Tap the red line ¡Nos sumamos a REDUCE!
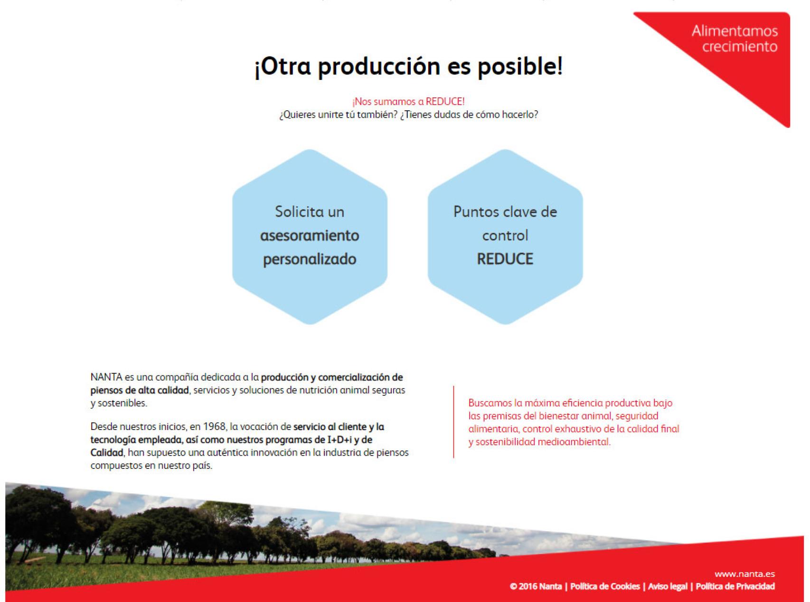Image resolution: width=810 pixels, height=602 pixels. pyautogui.click(x=408, y=102)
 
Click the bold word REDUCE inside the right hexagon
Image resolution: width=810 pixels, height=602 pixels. pyautogui.click(x=505, y=259)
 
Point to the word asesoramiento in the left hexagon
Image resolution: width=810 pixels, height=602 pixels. pyautogui.click(x=310, y=236)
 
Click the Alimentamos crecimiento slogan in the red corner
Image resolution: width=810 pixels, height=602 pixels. pyautogui.click(x=735, y=39)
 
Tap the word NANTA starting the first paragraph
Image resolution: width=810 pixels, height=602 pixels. pyautogui.click(x=106, y=377)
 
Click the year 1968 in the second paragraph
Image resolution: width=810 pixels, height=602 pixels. pyautogui.click(x=214, y=427)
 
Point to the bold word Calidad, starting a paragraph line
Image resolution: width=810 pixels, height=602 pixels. pyautogui.click(x=107, y=453)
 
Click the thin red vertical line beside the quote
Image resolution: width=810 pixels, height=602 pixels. pyautogui.click(x=453, y=422)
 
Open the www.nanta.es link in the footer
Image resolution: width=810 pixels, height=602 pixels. pyautogui.click(x=744, y=574)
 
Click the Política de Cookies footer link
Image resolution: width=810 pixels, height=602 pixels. pyautogui.click(x=605, y=586)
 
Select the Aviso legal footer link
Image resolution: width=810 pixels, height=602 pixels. pyautogui.click(x=668, y=586)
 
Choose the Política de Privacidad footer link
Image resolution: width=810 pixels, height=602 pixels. pyautogui.click(x=735, y=586)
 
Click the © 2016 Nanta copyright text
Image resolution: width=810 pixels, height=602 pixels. pyautogui.click(x=536, y=586)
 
